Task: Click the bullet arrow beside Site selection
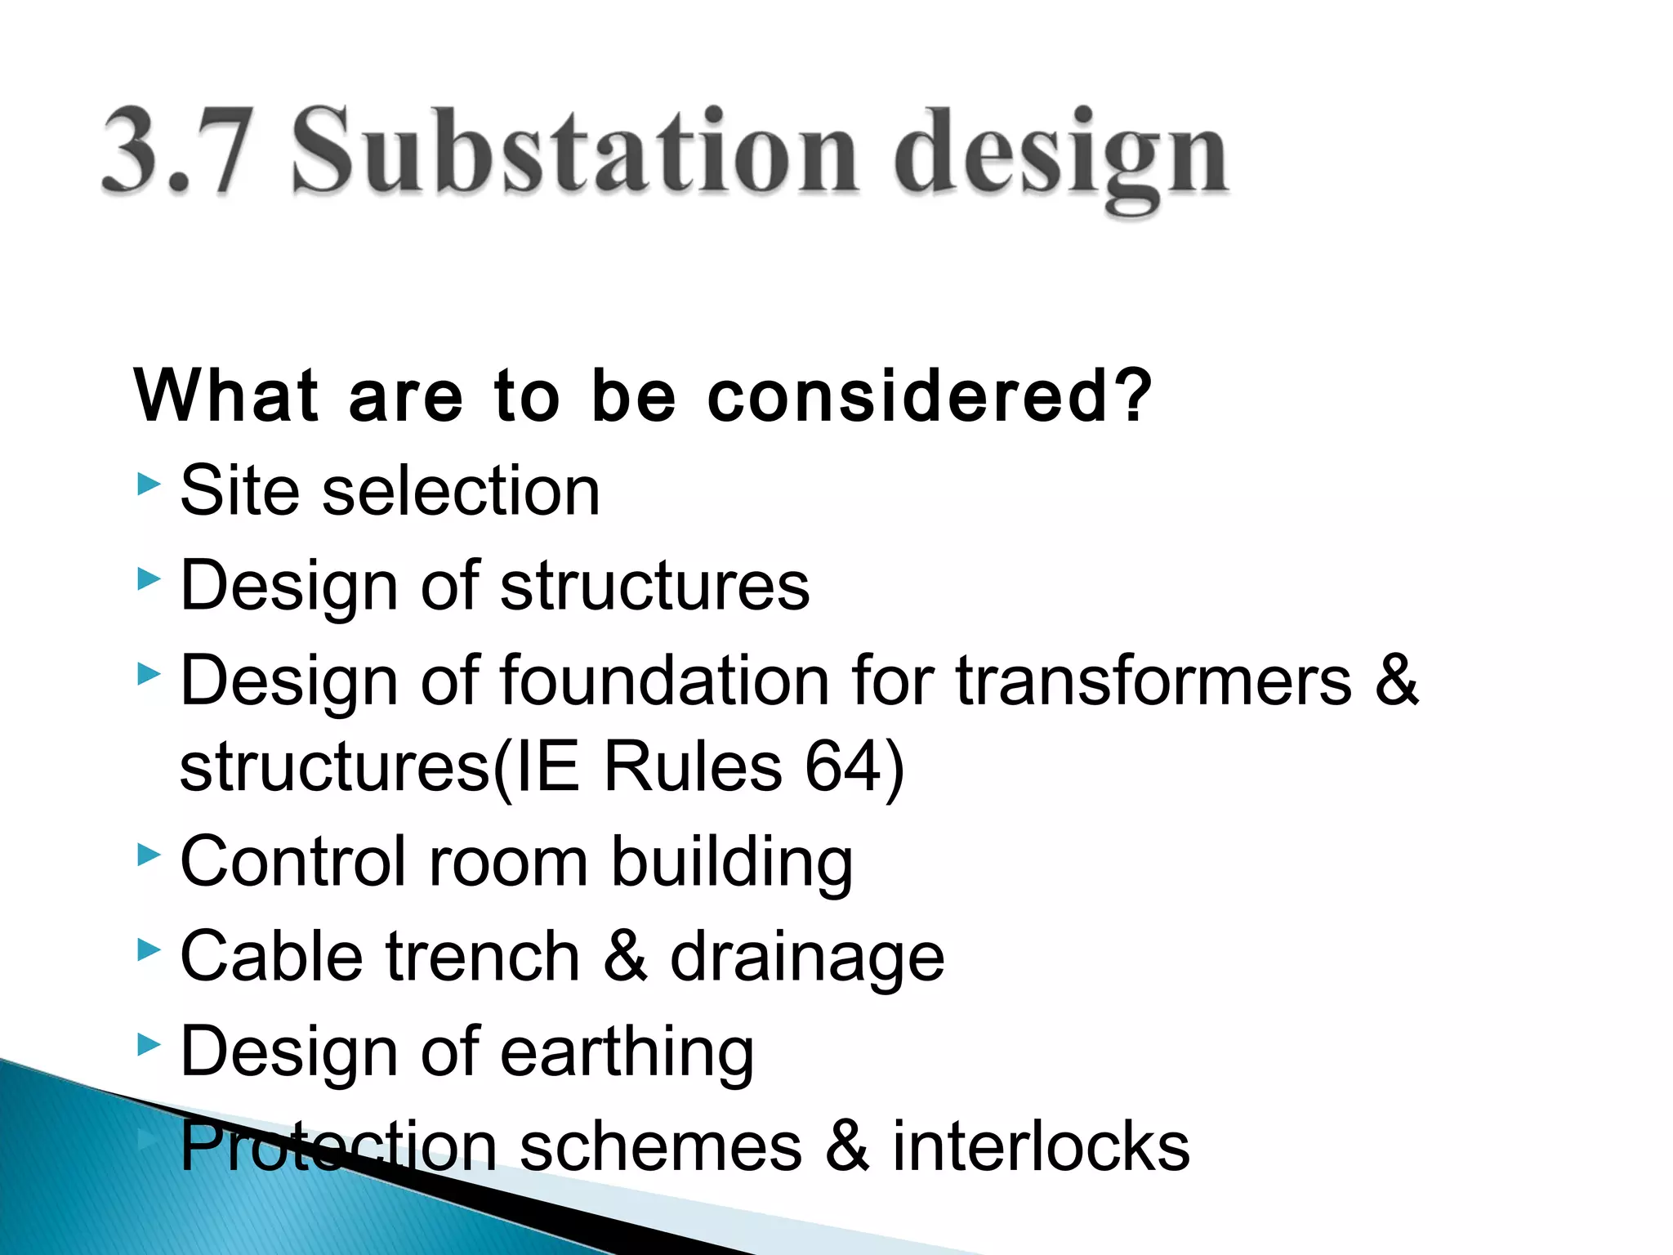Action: tap(149, 484)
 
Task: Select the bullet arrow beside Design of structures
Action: tap(149, 579)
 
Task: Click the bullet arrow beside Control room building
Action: tap(149, 855)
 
